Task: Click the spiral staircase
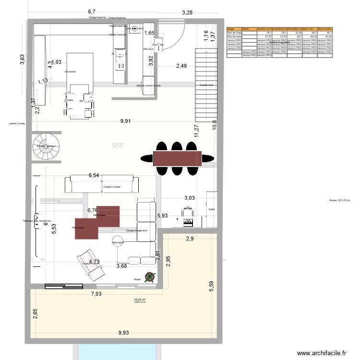point(45,145)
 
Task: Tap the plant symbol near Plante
point(151,277)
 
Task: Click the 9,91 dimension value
point(125,121)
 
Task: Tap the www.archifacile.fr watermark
point(322,353)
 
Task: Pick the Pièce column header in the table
point(249,29)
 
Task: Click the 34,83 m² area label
point(140,300)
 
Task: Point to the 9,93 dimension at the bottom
point(125,332)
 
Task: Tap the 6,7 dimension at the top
point(92,11)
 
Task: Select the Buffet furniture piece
point(212,209)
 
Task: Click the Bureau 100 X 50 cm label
point(340,201)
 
